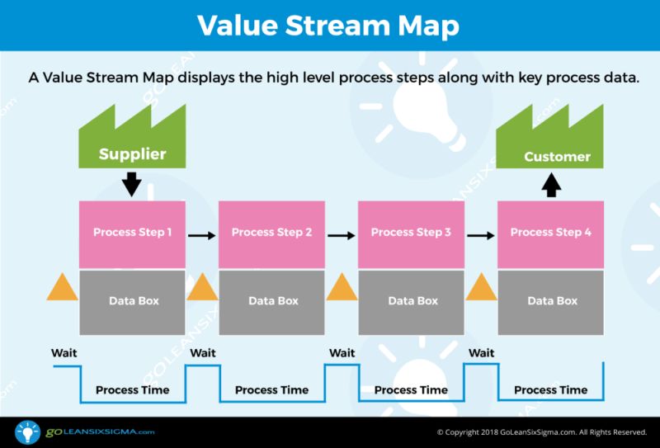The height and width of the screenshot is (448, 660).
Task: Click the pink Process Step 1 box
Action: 132,233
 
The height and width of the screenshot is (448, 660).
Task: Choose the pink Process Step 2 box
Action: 271,233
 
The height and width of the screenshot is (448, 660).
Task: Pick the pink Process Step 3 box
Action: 411,233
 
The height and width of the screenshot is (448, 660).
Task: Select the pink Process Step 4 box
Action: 550,233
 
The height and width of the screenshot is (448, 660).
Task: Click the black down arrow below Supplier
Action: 131,182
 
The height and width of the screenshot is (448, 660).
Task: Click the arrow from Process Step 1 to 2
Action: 201,235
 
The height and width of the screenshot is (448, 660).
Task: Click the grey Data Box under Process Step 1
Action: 132,300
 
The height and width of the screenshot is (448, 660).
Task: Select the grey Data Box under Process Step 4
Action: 550,300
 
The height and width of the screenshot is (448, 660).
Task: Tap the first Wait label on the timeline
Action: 64,353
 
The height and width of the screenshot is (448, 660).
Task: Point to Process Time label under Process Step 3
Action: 411,389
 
